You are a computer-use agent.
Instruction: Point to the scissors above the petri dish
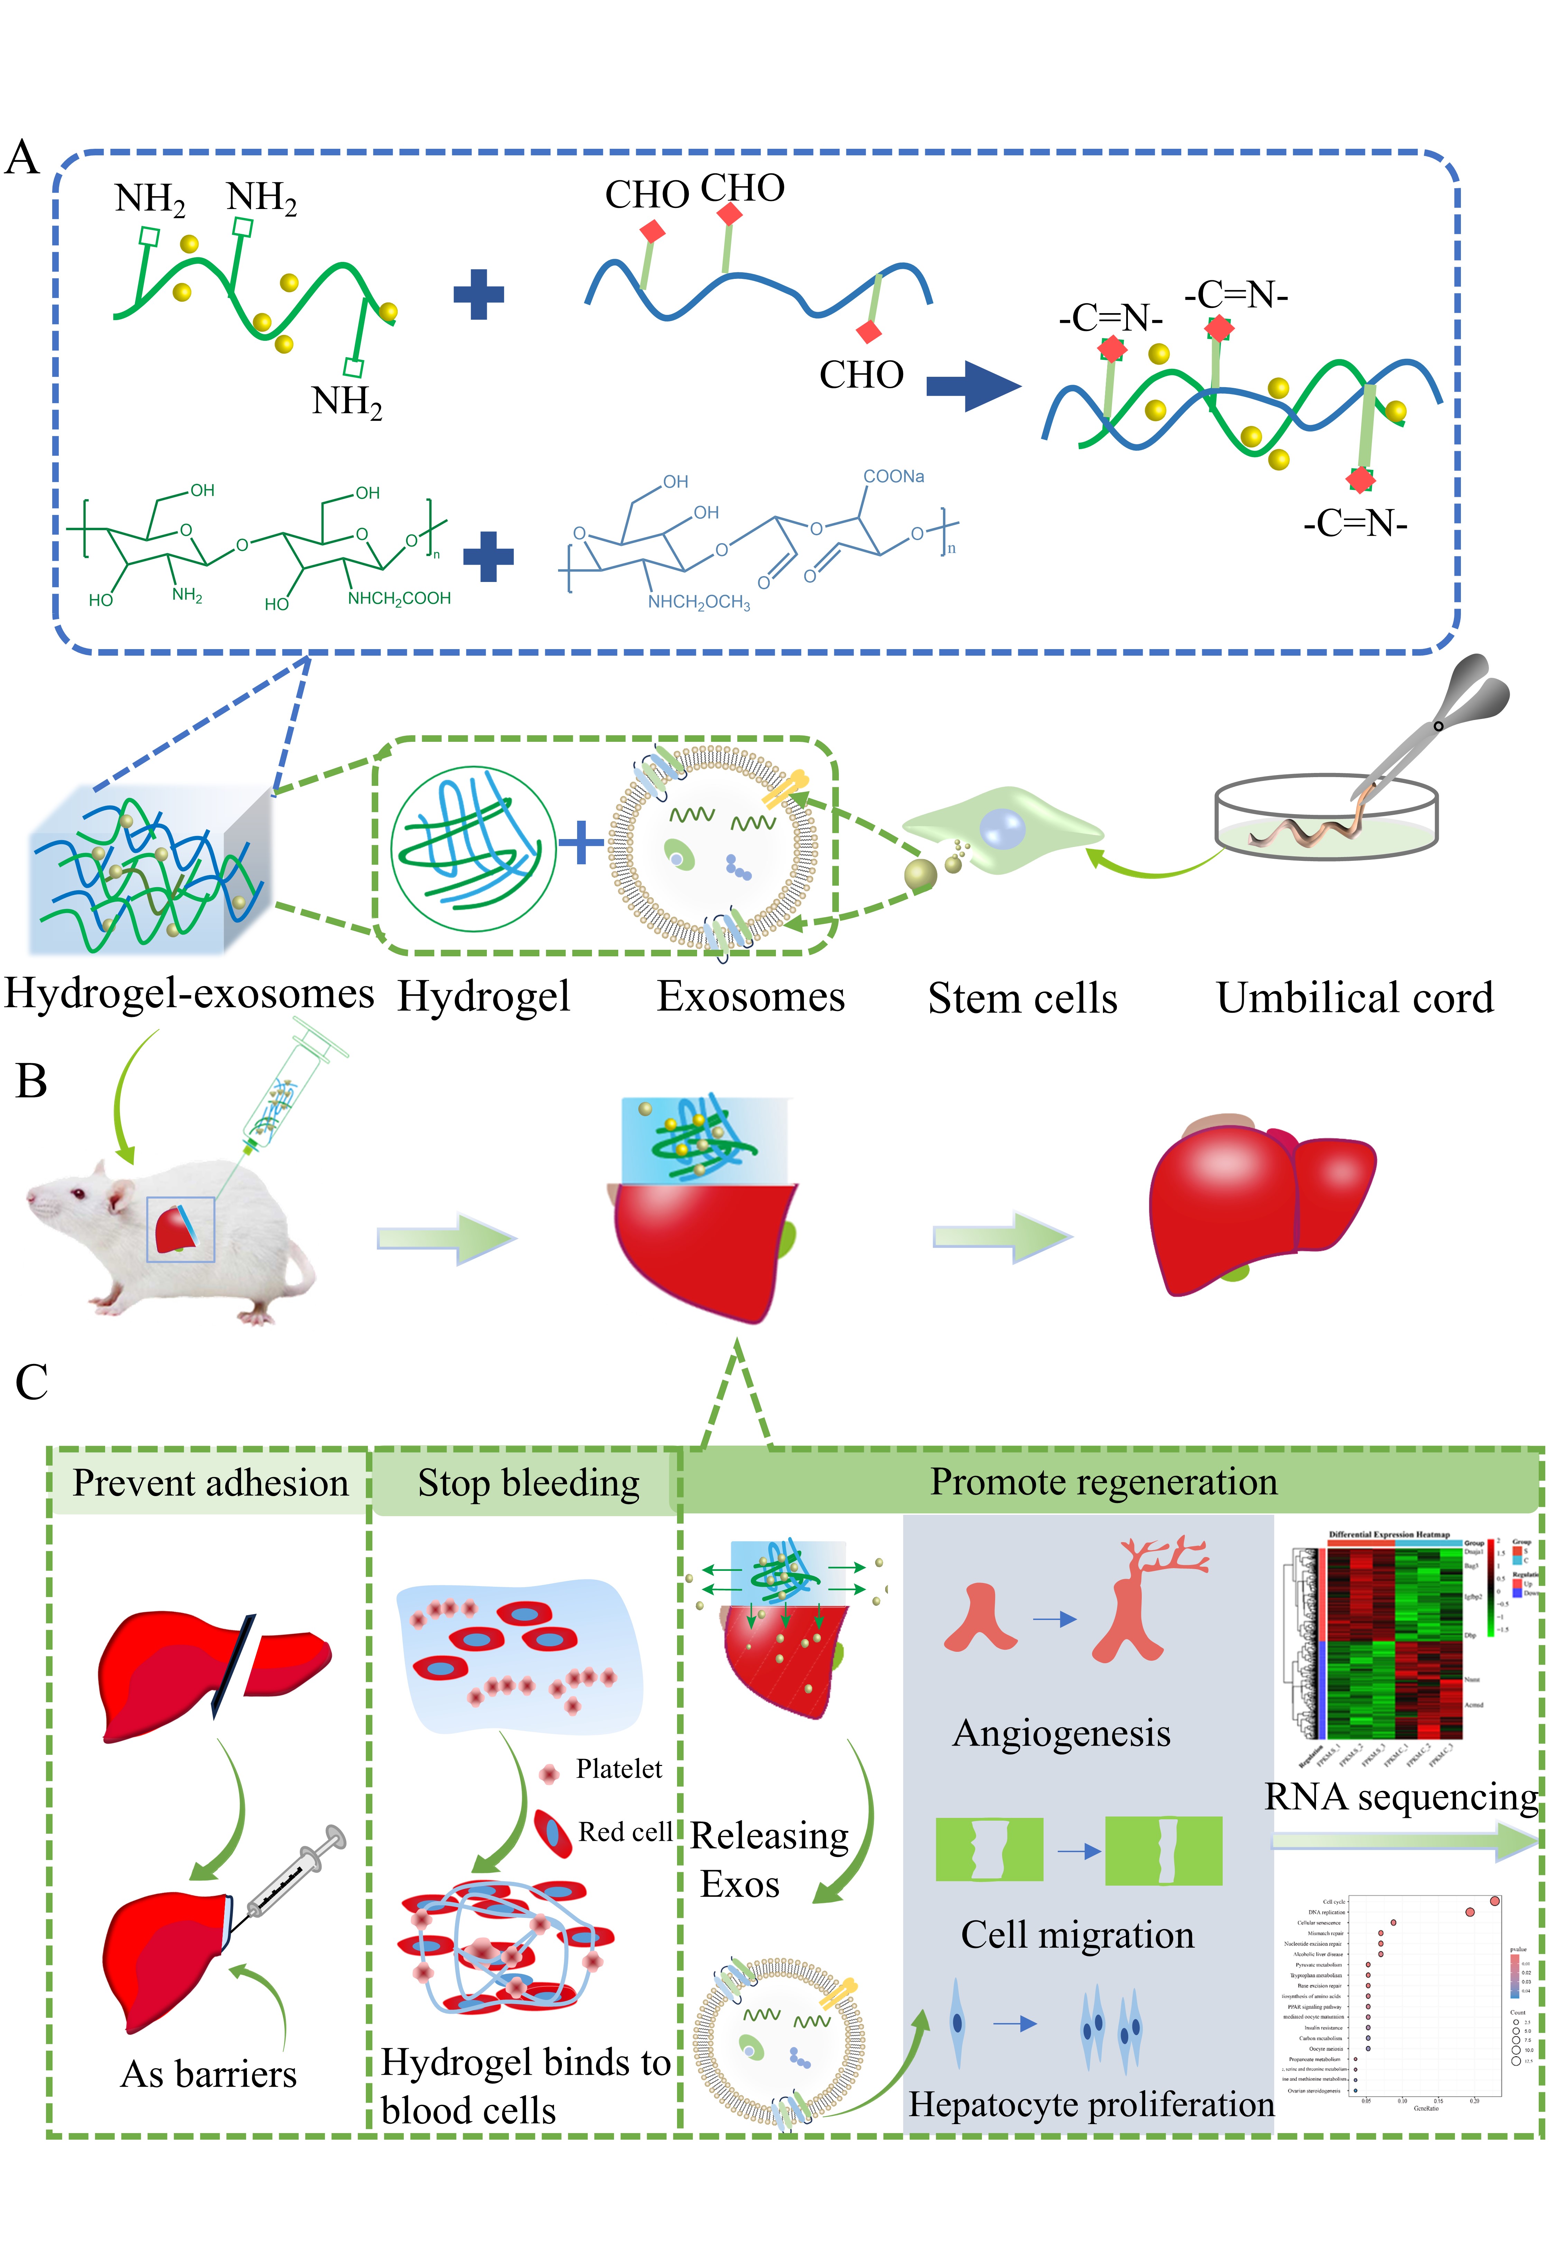coord(1453,712)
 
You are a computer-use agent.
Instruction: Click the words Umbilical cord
coord(1354,998)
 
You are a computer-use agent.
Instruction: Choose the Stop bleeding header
coord(528,1482)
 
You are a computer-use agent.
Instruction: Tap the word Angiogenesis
coord(1061,1733)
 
